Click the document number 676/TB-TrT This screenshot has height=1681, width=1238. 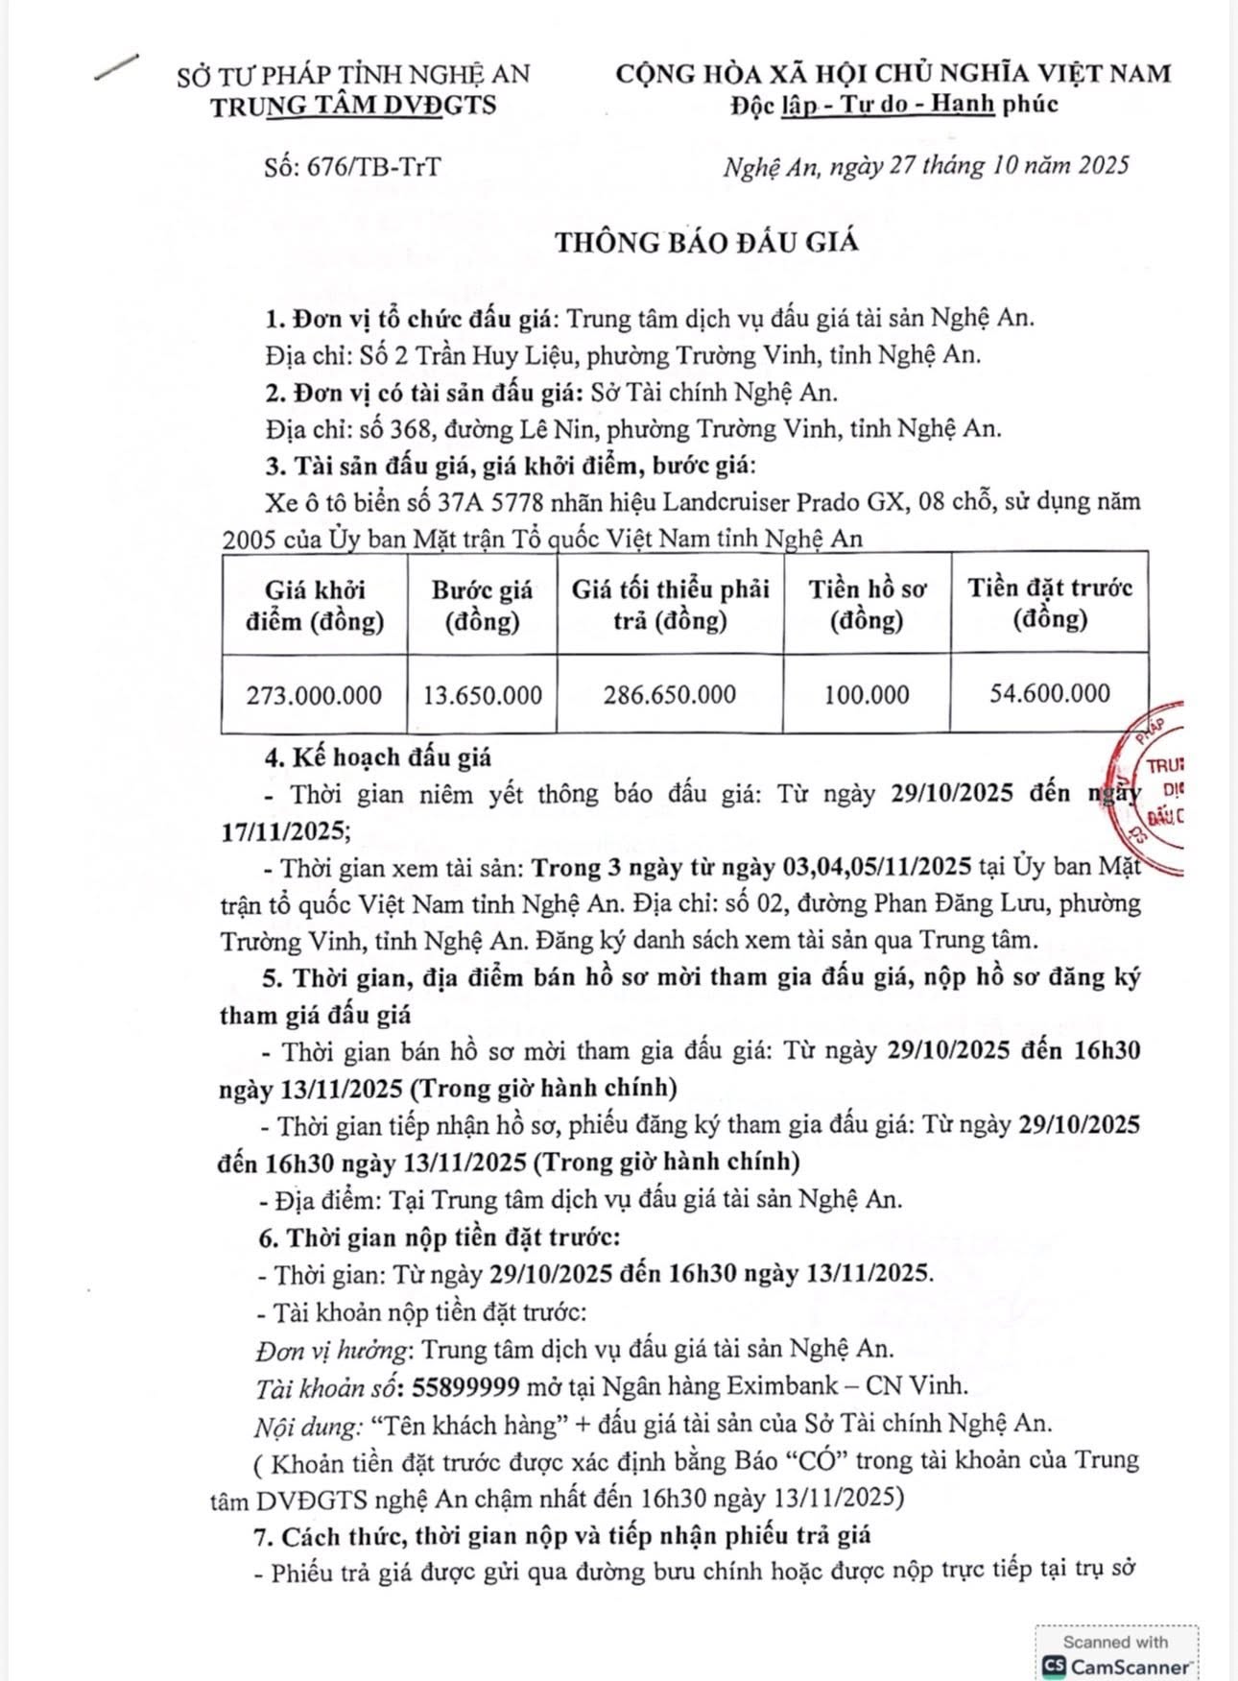(373, 167)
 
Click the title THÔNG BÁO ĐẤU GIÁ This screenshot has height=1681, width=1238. (707, 242)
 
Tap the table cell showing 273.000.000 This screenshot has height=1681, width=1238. (314, 695)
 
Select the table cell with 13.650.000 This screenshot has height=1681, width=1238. (482, 695)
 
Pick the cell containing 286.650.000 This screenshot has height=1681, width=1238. (670, 695)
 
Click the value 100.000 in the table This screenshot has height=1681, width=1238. (867, 695)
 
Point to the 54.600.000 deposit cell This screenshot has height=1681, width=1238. (1050, 693)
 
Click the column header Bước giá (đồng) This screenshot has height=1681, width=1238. (482, 606)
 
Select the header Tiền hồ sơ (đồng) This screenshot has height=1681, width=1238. (867, 606)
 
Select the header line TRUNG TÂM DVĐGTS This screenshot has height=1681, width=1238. (354, 106)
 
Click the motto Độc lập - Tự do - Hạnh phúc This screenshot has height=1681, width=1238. (893, 104)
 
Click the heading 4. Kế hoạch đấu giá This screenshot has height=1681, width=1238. (378, 757)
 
